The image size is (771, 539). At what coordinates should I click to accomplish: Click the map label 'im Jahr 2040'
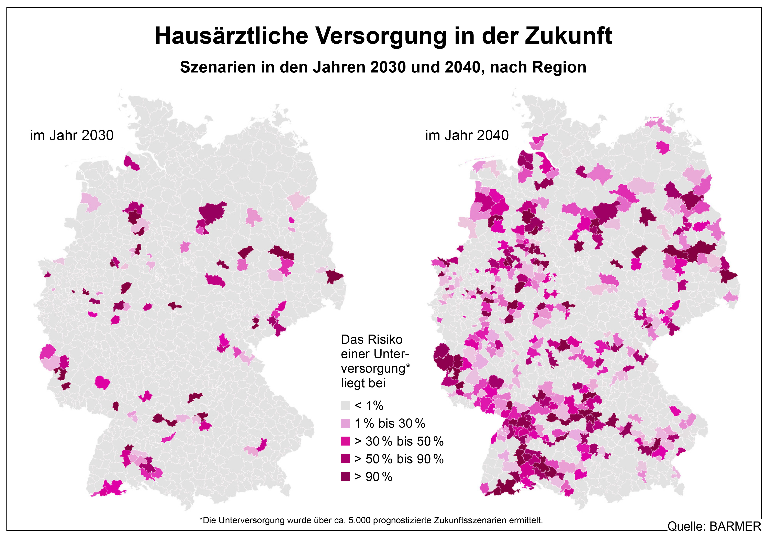tap(467, 135)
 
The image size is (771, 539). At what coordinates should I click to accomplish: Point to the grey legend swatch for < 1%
tap(346, 405)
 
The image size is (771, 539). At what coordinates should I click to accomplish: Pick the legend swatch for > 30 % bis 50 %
tap(346, 441)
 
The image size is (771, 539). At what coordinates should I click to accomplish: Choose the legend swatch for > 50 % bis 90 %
tap(346, 459)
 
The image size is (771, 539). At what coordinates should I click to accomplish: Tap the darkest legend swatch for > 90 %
tap(346, 476)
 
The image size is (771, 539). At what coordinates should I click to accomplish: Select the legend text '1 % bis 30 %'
tap(390, 424)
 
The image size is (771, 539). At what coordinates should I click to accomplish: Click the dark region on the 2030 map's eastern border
tap(335, 276)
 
